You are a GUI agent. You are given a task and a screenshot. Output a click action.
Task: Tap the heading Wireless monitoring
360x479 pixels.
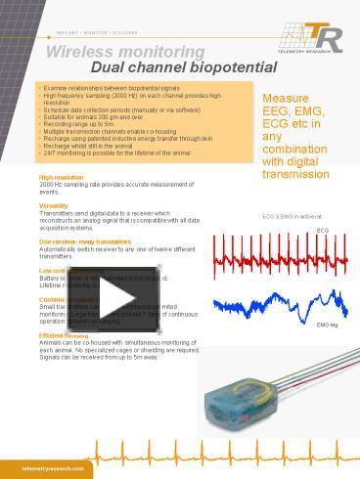tap(126, 50)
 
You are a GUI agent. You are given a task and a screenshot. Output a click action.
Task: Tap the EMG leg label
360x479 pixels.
tap(327, 324)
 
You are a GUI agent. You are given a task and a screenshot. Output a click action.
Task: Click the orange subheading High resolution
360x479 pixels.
tap(61, 177)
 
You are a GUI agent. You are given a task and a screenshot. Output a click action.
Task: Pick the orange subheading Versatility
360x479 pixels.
tap(54, 205)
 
